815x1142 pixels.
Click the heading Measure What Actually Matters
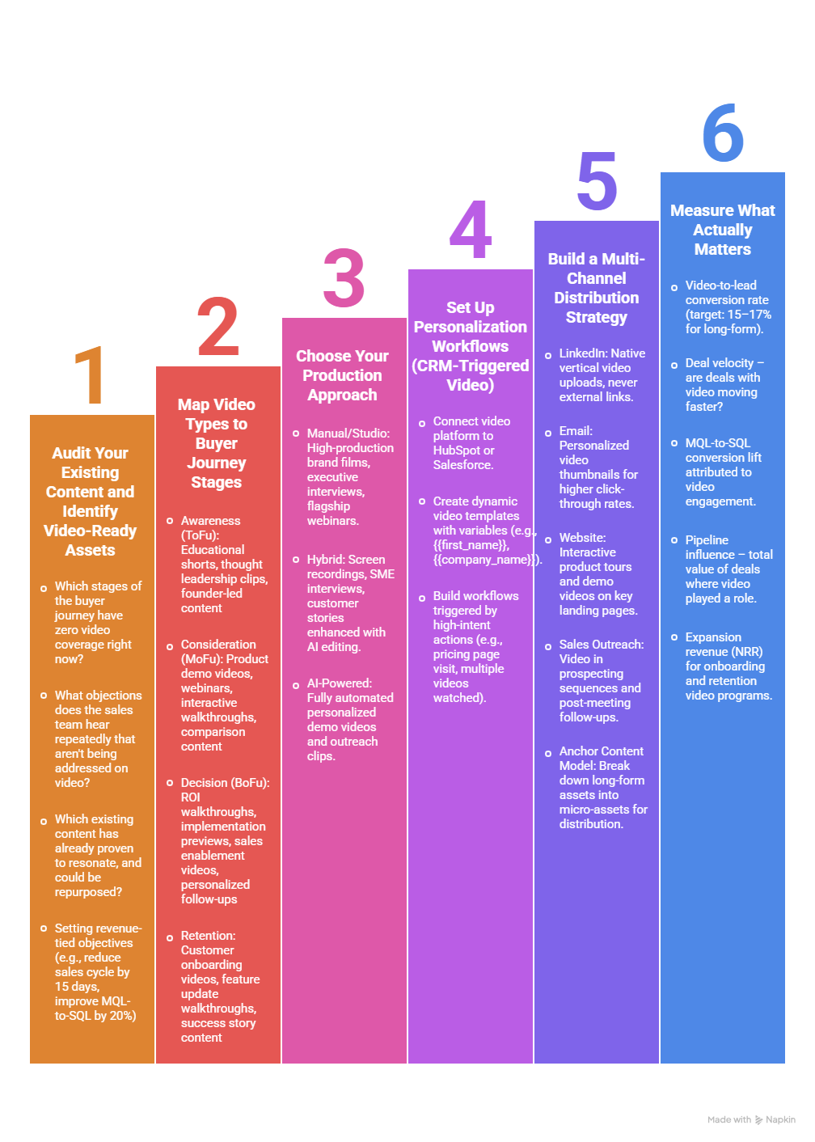pyautogui.click(x=723, y=230)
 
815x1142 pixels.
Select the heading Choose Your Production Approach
pyautogui.click(x=342, y=375)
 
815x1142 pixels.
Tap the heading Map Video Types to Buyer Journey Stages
pyautogui.click(x=217, y=443)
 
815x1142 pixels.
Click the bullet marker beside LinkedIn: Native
pyautogui.click(x=548, y=355)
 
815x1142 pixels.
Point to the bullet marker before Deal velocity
pyautogui.click(x=674, y=365)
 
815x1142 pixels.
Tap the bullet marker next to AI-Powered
pyautogui.click(x=296, y=685)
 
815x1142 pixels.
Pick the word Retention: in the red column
pyautogui.click(x=208, y=936)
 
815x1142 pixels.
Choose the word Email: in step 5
pyautogui.click(x=576, y=431)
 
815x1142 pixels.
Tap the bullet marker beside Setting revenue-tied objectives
pyautogui.click(x=44, y=928)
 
